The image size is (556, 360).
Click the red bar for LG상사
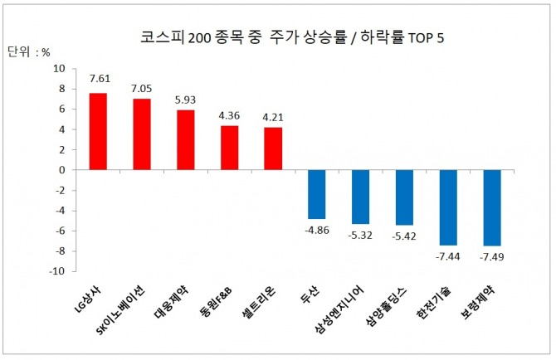point(98,131)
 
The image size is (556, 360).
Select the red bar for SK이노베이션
point(142,134)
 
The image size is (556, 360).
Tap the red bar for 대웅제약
point(185,140)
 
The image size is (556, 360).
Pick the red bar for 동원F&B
point(229,148)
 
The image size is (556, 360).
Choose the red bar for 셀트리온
point(273,148)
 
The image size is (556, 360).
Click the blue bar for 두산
point(316,194)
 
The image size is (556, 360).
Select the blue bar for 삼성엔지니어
point(360,197)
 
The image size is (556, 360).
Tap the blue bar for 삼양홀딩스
point(404,197)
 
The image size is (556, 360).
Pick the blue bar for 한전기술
point(448,207)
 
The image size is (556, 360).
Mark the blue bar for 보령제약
point(492,207)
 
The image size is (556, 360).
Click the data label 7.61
point(99,81)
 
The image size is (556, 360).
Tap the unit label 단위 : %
point(29,51)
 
